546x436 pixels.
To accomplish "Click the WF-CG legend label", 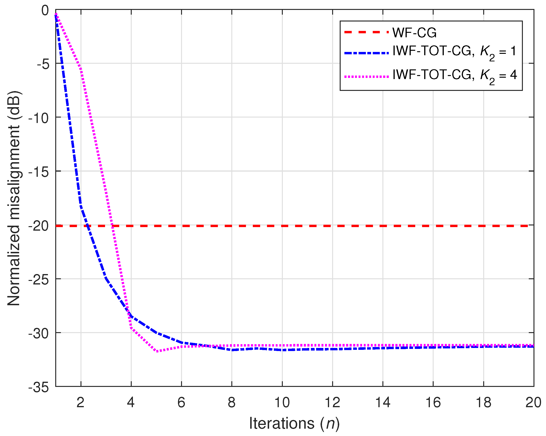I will tap(414, 33).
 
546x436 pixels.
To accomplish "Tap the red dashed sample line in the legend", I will tap(366, 32).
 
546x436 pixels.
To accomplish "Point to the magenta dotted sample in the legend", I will tap(366, 76).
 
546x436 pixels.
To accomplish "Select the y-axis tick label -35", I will tap(38, 387).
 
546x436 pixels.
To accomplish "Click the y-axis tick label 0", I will tap(45, 11).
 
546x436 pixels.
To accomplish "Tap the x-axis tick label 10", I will tap(282, 402).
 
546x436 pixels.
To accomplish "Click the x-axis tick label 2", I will tap(80, 402).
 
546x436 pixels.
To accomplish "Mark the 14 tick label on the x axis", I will tap(382, 402).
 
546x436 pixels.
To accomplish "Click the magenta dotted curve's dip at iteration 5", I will tap(157, 351).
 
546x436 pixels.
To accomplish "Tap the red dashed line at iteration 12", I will tap(332, 226).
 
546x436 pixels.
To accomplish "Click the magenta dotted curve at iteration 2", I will tap(81, 70).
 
